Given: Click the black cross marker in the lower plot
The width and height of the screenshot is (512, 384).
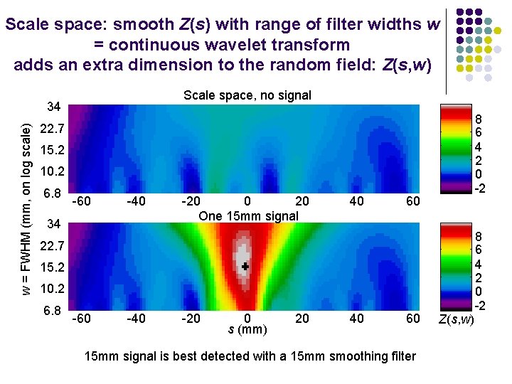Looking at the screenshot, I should pyautogui.click(x=245, y=266).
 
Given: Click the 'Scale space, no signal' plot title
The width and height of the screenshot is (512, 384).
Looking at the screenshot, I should pyautogui.click(x=247, y=95).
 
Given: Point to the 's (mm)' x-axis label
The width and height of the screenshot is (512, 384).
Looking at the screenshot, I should pyautogui.click(x=247, y=330).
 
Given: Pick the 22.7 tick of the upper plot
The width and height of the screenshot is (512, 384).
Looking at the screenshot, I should pyautogui.click(x=53, y=130).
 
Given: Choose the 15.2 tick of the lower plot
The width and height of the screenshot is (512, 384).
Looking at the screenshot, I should pyautogui.click(x=53, y=268).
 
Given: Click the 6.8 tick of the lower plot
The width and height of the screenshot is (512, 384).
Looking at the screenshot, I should pyautogui.click(x=53, y=311).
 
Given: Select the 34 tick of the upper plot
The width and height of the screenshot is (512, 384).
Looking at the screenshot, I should pyautogui.click(x=53, y=107).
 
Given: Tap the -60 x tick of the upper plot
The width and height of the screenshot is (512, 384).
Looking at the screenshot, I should pyautogui.click(x=81, y=201).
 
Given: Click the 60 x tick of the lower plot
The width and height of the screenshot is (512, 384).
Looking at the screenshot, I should pyautogui.click(x=412, y=319).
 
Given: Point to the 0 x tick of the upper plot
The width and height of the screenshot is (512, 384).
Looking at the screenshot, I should pyautogui.click(x=247, y=201).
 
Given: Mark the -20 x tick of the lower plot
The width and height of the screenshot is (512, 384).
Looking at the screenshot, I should pyautogui.click(x=191, y=319).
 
